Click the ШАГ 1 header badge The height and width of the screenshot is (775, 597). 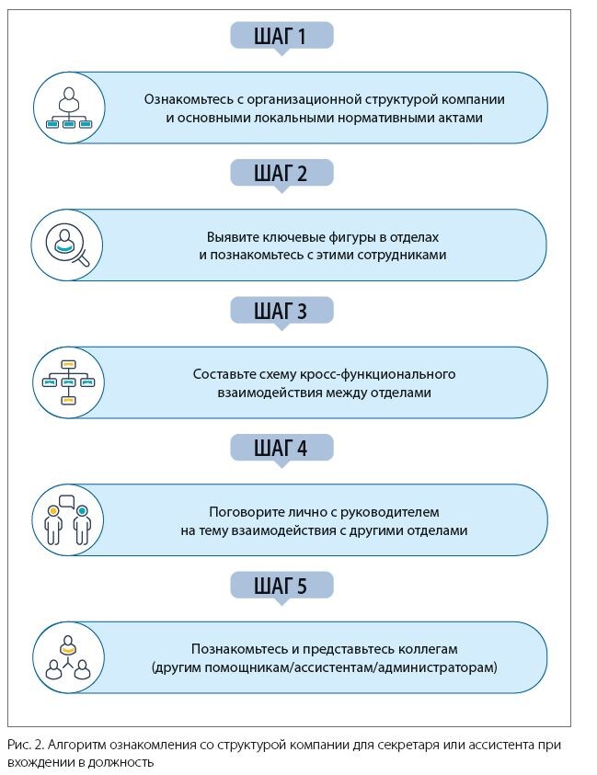point(281,36)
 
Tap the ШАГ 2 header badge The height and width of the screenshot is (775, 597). point(281,173)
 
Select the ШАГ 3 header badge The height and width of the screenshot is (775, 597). point(281,311)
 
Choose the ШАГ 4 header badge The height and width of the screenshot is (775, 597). point(281,448)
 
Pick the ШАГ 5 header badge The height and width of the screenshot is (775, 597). point(281,585)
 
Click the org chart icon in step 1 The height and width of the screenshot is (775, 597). point(66,108)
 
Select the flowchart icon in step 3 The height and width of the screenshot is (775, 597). point(67,382)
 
